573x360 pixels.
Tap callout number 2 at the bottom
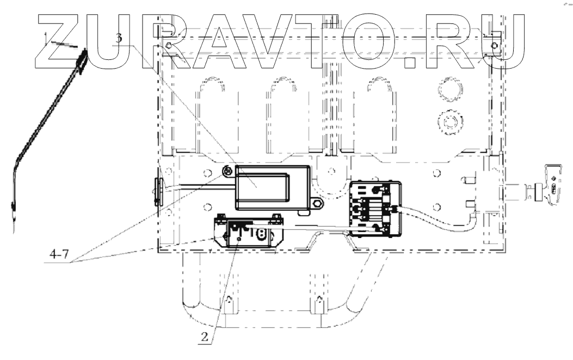coord(204,336)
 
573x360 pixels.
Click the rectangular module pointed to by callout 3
coord(272,187)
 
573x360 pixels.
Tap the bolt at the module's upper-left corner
coord(227,173)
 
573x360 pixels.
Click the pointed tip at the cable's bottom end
coord(11,221)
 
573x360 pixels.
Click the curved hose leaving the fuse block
coord(441,224)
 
